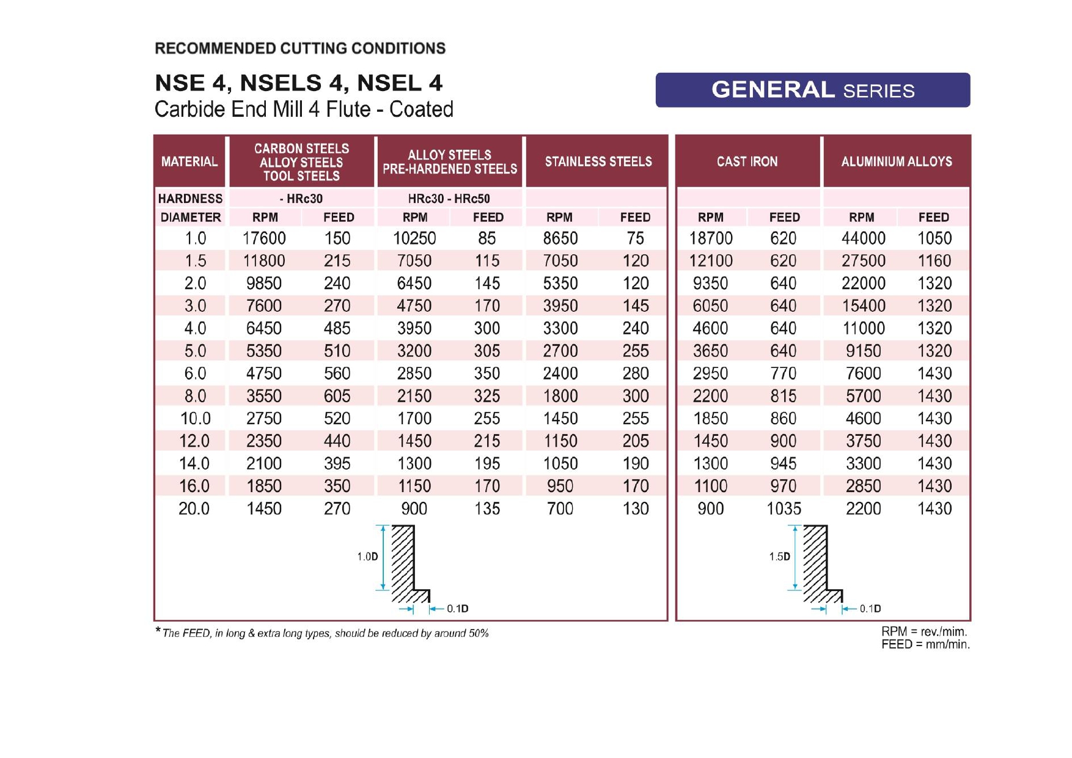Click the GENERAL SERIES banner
coord(812,90)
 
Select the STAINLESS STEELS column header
coord(598,161)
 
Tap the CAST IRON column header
coord(747,161)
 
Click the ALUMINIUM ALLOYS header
coord(896,161)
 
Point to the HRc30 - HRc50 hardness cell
coord(449,199)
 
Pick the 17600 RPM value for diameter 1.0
coord(264,238)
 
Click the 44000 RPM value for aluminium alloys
coord(863,238)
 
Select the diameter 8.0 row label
coord(195,396)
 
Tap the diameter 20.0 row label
coord(194,509)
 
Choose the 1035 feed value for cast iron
coord(784,509)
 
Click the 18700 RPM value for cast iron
coord(710,238)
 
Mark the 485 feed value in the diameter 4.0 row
coord(337,328)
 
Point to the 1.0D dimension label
coord(367,556)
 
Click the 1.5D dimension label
coord(779,556)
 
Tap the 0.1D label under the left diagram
coord(457,608)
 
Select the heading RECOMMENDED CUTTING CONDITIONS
coord(300,48)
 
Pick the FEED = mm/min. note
coord(925,644)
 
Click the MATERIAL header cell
coord(189,161)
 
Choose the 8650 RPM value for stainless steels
coord(560,238)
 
